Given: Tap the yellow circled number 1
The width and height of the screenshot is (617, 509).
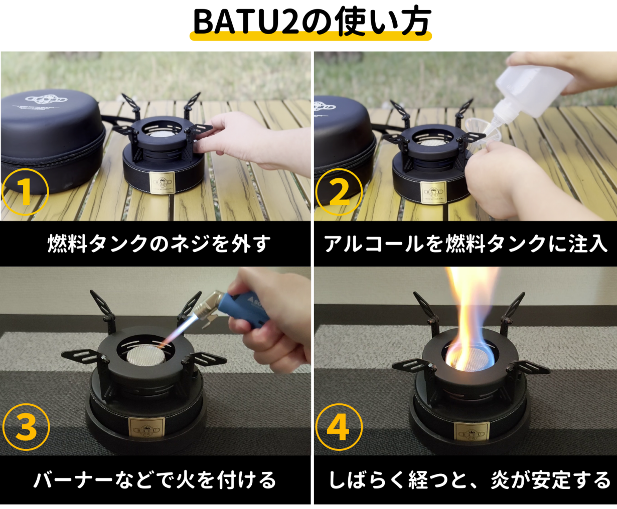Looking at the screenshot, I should (25, 192).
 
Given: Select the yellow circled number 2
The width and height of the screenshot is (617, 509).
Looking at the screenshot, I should (339, 192).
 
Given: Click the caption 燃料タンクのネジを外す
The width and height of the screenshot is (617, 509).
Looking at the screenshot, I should (159, 244).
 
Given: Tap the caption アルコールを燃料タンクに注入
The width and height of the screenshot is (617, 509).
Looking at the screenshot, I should (466, 244).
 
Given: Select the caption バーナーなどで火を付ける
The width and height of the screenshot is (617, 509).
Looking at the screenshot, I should (155, 480).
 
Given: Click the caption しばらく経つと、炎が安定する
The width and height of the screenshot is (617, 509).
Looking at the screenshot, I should (469, 480).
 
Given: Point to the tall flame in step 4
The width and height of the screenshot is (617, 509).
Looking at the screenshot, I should (472, 311).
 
